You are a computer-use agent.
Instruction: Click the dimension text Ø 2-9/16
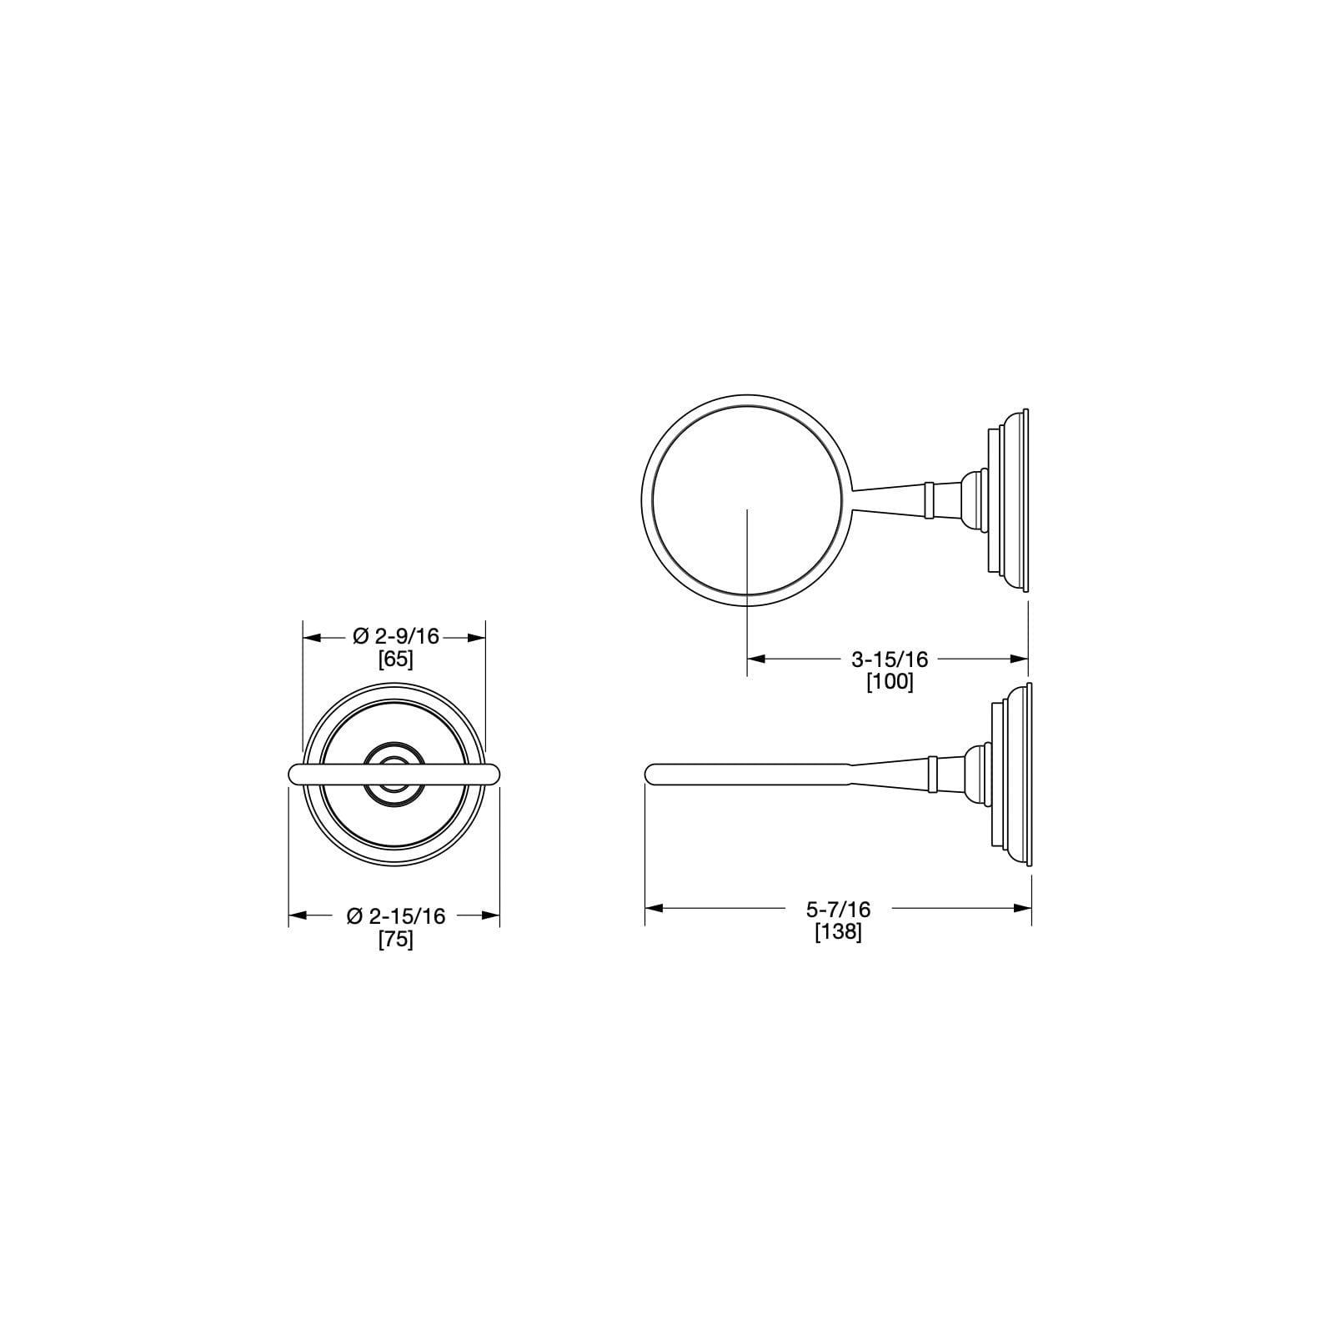pos(395,637)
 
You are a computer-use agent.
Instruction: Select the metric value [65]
pos(395,659)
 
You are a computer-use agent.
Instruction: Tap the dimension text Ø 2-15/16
pos(395,915)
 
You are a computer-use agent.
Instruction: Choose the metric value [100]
pos(890,681)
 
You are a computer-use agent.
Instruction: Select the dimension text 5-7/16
pos(838,908)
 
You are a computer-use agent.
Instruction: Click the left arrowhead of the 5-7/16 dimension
pos(654,908)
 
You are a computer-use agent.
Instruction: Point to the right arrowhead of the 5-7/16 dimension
pos(1023,908)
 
